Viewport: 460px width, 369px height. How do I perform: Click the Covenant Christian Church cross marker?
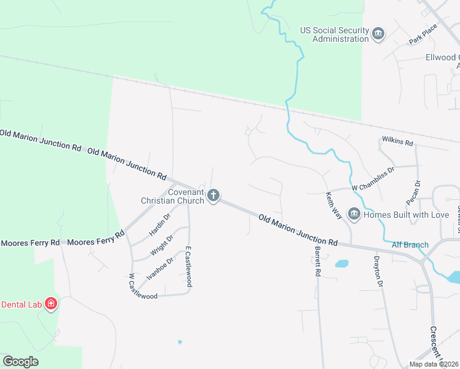(213, 196)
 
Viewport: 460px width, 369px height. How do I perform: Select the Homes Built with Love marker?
(354, 214)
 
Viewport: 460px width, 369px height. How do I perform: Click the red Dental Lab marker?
(51, 304)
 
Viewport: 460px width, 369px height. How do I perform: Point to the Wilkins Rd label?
(397, 142)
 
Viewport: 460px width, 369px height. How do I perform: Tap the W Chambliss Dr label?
(373, 179)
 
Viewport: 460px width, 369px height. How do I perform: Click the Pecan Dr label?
(413, 193)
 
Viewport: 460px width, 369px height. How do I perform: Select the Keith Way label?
(333, 207)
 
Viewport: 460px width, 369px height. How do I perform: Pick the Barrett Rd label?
(318, 262)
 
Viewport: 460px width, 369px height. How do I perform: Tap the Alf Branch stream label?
(410, 245)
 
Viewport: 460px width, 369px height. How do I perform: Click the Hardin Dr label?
(159, 224)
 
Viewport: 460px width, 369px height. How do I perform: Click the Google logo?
(21, 361)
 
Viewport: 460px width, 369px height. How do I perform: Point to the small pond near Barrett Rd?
(341, 264)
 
